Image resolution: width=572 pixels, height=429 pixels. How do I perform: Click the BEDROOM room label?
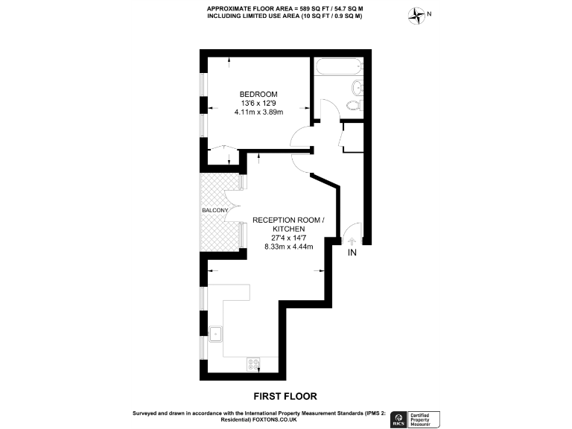point(258,93)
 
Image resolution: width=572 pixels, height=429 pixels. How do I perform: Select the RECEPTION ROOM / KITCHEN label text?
point(289,225)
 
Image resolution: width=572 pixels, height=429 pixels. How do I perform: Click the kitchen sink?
point(216,333)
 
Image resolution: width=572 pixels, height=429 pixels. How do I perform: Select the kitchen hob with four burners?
point(254,364)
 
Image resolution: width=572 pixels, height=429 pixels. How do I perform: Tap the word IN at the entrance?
point(352,253)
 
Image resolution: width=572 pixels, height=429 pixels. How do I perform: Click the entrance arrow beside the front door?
point(352,240)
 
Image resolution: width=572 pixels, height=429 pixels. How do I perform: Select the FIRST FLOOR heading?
point(285,395)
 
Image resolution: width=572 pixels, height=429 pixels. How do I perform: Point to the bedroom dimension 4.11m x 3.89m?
point(258,112)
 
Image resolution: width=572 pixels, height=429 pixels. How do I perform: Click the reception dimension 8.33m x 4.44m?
point(289,246)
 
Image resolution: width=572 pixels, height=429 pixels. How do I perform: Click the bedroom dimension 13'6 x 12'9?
point(258,103)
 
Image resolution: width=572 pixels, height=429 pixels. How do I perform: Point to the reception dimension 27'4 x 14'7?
point(289,237)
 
